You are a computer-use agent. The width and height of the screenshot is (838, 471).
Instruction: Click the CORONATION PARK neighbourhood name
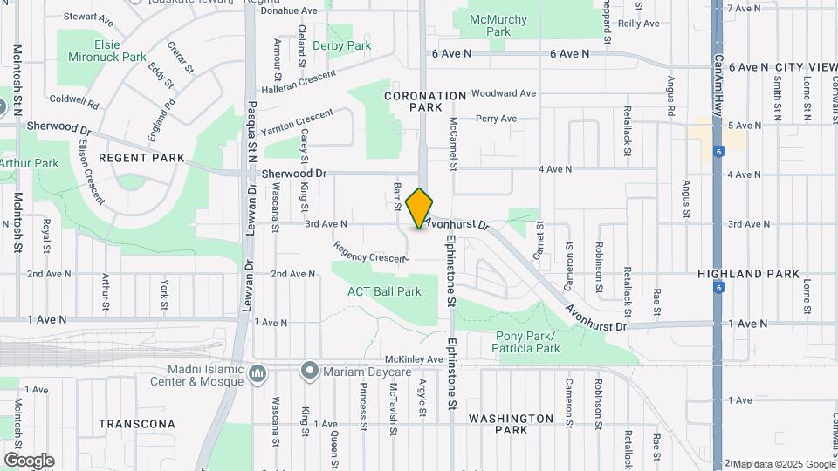click(426, 100)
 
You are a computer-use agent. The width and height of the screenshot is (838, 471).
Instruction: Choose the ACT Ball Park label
click(384, 291)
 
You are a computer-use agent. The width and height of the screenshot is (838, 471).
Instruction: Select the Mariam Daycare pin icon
click(309, 371)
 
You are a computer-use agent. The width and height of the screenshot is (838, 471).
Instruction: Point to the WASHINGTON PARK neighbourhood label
click(511, 424)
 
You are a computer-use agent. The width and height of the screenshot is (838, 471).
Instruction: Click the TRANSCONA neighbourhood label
click(136, 424)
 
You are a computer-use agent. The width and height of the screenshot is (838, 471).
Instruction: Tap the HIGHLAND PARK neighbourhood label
click(748, 274)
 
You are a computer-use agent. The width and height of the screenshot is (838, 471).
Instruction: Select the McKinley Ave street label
click(415, 359)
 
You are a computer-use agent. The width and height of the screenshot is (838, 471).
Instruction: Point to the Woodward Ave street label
click(504, 93)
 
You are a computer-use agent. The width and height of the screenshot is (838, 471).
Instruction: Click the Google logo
click(28, 461)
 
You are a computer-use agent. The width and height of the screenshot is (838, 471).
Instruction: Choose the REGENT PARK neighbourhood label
click(141, 158)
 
